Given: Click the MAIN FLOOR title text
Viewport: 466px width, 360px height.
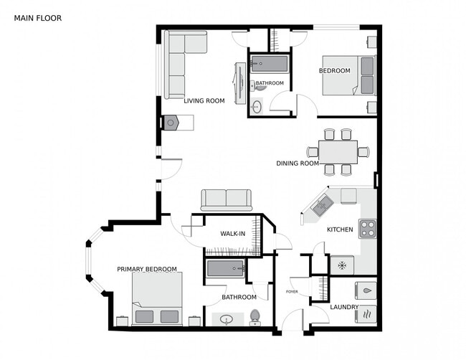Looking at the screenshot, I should coord(37,17).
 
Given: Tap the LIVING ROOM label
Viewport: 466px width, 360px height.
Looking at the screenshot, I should coord(204,101).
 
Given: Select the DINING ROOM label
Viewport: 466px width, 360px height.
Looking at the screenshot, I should coord(298,164).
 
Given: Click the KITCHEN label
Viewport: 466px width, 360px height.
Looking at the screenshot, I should coord(340,229).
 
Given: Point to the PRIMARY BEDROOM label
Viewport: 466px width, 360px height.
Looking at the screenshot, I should coord(147,269).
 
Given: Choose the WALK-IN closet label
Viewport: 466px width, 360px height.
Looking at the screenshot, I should coord(234,234).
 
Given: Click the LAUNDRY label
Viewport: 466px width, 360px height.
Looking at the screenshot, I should coord(344,307).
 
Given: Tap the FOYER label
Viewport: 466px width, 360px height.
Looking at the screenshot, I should coord(292,292).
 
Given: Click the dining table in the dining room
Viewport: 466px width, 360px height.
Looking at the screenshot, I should coord(338,152).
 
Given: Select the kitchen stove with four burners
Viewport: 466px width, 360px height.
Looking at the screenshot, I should coord(367,229).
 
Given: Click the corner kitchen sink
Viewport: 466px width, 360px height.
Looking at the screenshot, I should coord(320,206).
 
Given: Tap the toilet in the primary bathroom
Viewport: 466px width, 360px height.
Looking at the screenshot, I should coord(255,318).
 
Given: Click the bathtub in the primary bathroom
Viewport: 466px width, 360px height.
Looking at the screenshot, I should coord(226,270).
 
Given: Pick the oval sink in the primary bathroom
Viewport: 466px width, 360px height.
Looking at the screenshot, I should coord(228,320).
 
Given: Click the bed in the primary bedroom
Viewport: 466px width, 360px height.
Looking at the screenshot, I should coord(157,299).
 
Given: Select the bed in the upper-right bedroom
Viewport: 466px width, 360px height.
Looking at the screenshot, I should coord(348,75).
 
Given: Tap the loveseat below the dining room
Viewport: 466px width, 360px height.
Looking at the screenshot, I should coord(226,199).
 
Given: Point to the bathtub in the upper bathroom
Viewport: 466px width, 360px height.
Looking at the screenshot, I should coord(268,65).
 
